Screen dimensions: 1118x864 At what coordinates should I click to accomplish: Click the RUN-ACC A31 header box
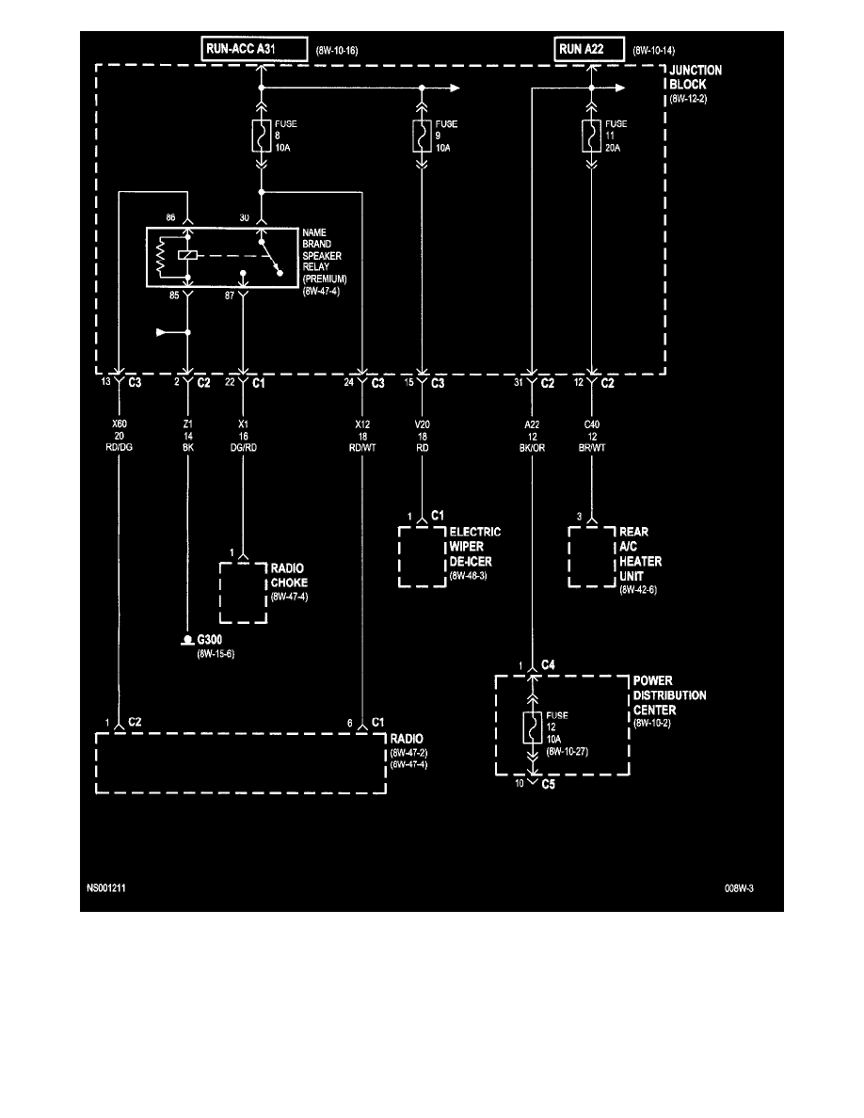pyautogui.click(x=253, y=48)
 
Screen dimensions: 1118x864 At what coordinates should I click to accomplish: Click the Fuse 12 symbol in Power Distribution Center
pyautogui.click(x=532, y=728)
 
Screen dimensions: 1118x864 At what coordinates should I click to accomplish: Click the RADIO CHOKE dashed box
pyautogui.click(x=243, y=593)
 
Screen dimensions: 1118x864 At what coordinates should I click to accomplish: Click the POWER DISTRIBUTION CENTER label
pyautogui.click(x=669, y=695)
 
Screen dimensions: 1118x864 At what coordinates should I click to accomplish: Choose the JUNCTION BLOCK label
pyautogui.click(x=696, y=76)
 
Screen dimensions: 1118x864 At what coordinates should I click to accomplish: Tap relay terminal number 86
pyautogui.click(x=171, y=216)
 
